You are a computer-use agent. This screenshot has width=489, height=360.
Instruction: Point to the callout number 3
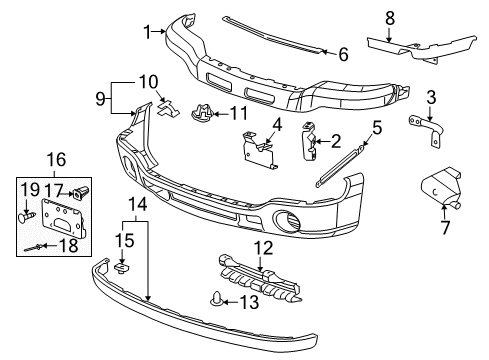pyautogui.click(x=431, y=96)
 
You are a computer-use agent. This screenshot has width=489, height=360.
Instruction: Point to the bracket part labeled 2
pyautogui.click(x=311, y=143)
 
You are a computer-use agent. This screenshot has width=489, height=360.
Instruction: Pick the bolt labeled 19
pyautogui.click(x=27, y=214)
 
